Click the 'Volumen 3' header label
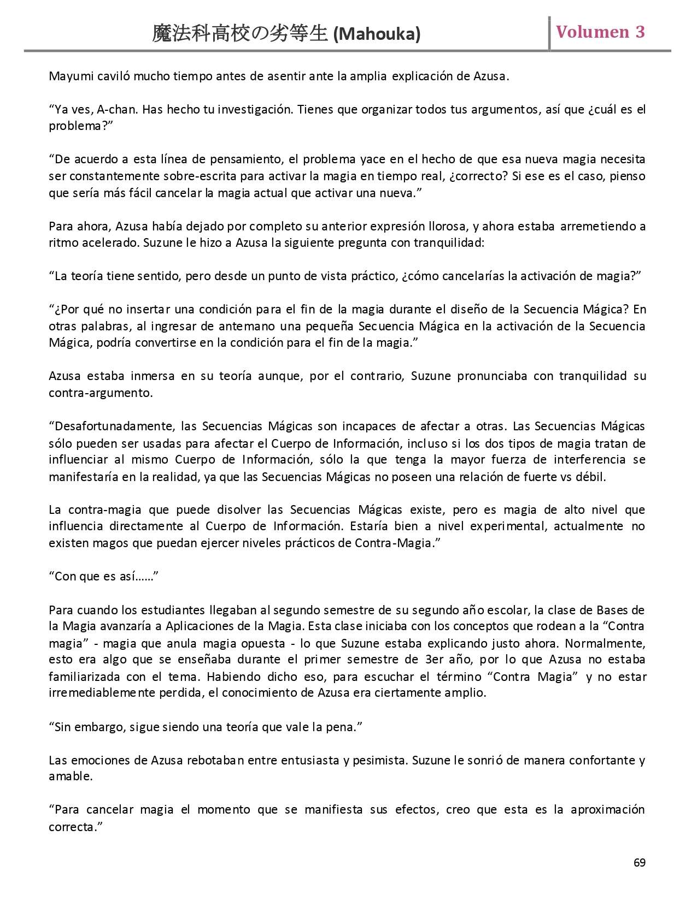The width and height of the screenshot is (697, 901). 600,32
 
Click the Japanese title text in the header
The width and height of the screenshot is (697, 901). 240,34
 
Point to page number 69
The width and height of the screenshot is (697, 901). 639,863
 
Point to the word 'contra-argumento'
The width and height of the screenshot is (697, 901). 101,393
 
